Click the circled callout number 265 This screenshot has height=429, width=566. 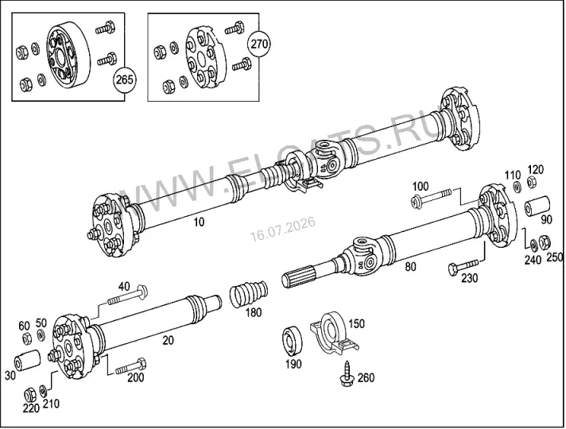pos(125,79)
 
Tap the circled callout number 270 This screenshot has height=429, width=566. pos(259,44)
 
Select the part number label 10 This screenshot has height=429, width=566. pos(199,222)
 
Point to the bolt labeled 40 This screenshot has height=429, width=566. pos(127,295)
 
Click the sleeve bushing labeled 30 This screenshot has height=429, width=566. pos(27,360)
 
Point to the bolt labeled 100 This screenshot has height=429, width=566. pos(432,197)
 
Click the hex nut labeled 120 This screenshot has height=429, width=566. pos(531,181)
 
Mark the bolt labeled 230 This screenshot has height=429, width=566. pos(463,266)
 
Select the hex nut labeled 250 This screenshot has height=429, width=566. pos(545,242)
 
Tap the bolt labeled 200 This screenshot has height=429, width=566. pos(131,366)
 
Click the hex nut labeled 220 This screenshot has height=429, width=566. pos(30,395)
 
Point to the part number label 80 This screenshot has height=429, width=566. pos(410,267)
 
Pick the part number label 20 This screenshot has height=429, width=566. pos(169,340)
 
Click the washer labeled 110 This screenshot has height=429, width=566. pos(518,187)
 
